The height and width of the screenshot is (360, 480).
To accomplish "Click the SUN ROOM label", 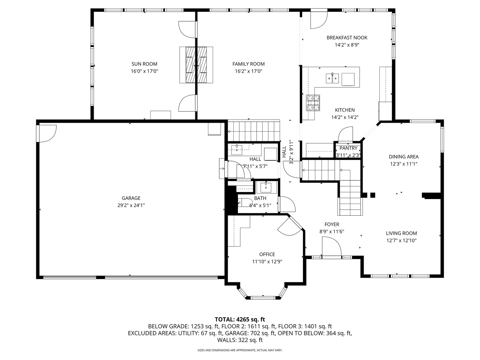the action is click(x=144, y=64).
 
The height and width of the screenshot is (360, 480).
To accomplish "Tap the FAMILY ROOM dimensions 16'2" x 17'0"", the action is click(x=248, y=71).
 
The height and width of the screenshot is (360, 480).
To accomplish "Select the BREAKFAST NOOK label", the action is click(x=347, y=38).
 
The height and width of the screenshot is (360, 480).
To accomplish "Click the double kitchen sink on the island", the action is click(x=332, y=78).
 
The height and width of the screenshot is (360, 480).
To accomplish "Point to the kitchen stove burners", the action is click(x=313, y=103).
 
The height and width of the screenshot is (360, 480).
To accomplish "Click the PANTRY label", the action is click(x=348, y=148).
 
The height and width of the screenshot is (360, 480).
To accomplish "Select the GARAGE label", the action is click(x=131, y=198).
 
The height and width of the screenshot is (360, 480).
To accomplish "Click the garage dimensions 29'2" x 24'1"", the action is click(x=131, y=205).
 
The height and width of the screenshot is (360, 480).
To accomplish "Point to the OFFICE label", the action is click(x=267, y=254).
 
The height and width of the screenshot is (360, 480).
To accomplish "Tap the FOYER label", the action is click(x=332, y=224).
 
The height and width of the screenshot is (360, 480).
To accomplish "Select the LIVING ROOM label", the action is click(x=401, y=233).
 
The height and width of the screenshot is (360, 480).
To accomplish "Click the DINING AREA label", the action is click(x=404, y=157).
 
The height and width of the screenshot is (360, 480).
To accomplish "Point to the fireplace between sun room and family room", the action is click(x=196, y=65).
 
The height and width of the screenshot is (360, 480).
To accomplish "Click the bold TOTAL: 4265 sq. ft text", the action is click(x=240, y=319).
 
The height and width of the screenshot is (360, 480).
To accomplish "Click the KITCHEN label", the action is click(x=345, y=110).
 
